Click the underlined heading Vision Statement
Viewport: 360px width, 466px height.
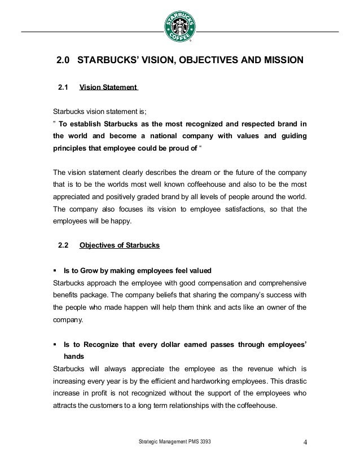tap(108, 87)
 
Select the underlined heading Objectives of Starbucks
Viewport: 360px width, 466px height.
tap(120, 245)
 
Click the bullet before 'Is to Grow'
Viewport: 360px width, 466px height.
tap(55, 270)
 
